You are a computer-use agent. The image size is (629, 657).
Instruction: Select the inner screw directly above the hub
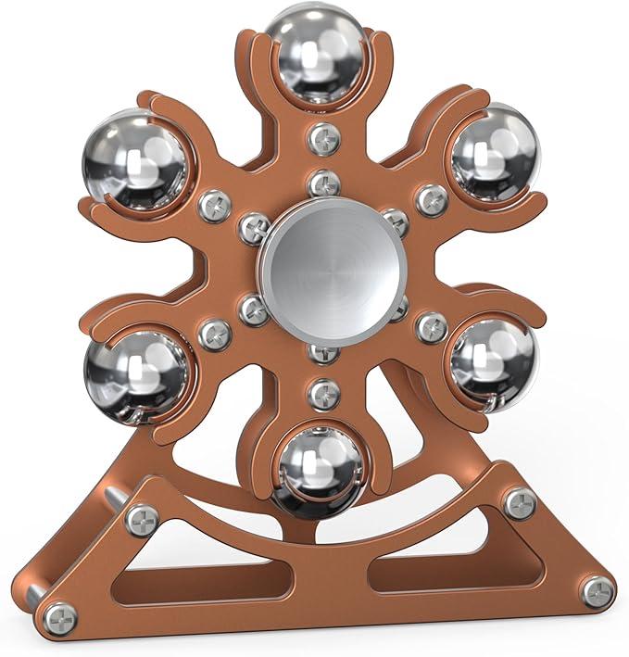tap(323, 183)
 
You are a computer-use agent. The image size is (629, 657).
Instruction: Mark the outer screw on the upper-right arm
tap(431, 200)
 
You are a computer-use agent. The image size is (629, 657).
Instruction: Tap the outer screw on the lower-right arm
tap(431, 327)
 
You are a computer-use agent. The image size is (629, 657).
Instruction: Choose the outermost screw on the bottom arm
tap(323, 394)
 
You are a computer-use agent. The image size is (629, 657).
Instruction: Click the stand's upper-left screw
tap(143, 520)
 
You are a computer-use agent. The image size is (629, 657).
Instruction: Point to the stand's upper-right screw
tap(520, 502)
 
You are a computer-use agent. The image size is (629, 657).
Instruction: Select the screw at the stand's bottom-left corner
tap(60, 615)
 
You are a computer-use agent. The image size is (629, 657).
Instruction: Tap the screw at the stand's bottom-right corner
tap(598, 590)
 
